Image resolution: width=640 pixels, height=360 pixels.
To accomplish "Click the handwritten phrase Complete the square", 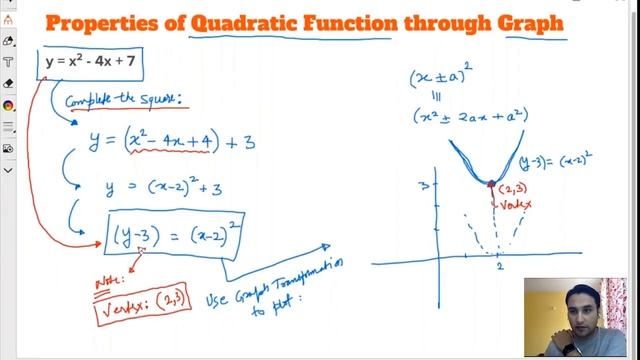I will coord(127,100).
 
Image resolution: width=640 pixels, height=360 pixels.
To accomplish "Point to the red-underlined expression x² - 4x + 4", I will coord(171,142).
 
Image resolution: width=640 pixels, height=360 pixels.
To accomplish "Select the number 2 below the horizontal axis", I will coord(497,267).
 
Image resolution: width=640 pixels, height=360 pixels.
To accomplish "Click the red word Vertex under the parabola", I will coord(516,203).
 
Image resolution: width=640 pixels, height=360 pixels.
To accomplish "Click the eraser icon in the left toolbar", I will coord(8,84).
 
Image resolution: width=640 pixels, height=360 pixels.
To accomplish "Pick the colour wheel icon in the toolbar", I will coord(8,106).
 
